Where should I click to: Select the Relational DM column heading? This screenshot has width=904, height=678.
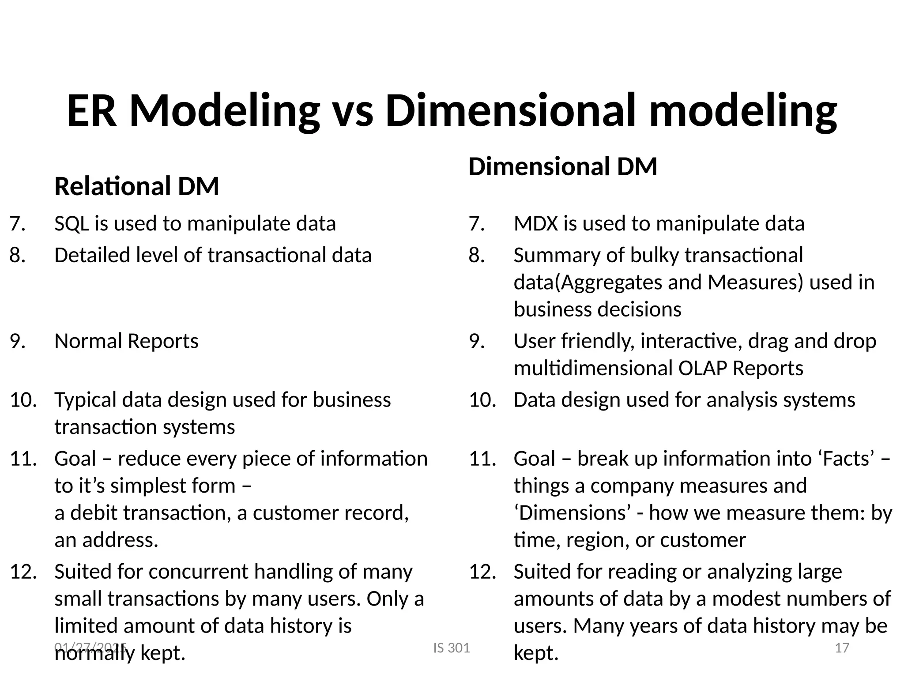click(136, 186)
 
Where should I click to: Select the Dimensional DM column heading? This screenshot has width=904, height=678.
click(563, 166)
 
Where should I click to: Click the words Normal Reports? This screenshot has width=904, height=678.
click(126, 341)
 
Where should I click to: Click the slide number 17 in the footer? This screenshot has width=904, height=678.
click(842, 648)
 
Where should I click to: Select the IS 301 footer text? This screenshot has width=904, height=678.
click(452, 648)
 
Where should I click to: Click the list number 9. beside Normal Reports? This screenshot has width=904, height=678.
click(18, 341)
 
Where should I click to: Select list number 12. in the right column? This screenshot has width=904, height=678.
click(482, 572)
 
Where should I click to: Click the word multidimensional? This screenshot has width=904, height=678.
click(593, 368)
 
